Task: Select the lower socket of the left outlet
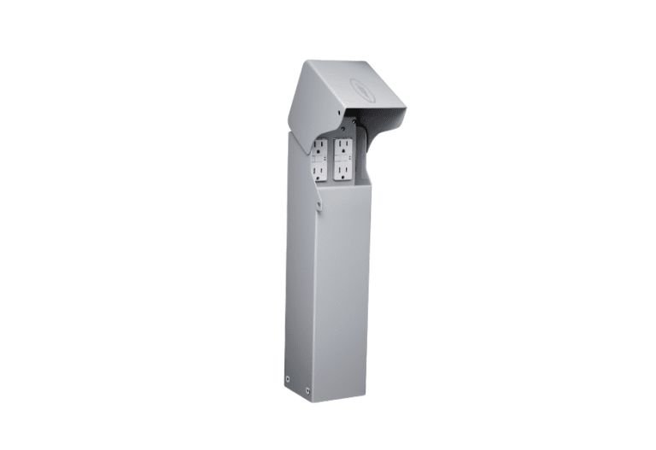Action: point(318,171)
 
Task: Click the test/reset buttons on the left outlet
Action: point(318,159)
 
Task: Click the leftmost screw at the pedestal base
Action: point(287,377)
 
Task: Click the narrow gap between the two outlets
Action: point(331,158)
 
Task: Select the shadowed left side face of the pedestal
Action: point(299,273)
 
